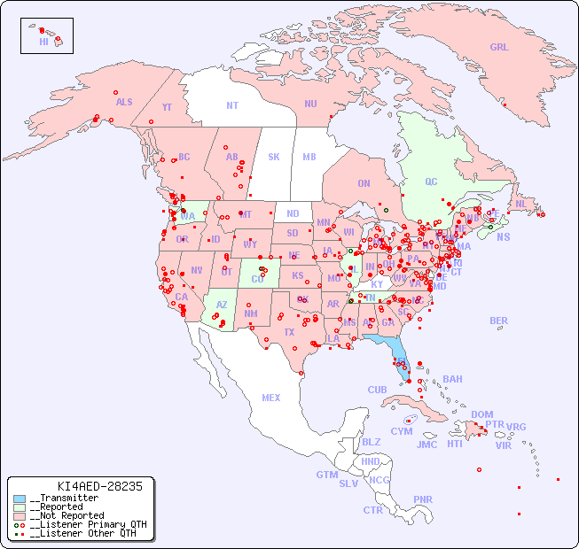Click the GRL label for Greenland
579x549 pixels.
[499, 48]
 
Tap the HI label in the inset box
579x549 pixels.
[43, 42]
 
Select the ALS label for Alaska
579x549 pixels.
[124, 102]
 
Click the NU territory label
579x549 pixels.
[310, 104]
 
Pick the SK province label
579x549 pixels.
[274, 157]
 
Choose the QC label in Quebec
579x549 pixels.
[431, 182]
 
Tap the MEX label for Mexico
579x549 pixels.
[271, 398]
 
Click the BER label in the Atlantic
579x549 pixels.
[499, 321]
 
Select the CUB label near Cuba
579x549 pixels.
[378, 390]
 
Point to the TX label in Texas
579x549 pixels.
[289, 332]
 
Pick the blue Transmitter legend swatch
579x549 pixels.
[20, 499]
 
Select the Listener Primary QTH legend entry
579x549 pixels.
[83, 524]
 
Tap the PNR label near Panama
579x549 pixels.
[423, 499]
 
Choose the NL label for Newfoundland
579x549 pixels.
[521, 203]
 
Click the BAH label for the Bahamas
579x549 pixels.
[452, 379]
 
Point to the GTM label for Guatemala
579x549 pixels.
[326, 475]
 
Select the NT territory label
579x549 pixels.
[232, 105]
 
